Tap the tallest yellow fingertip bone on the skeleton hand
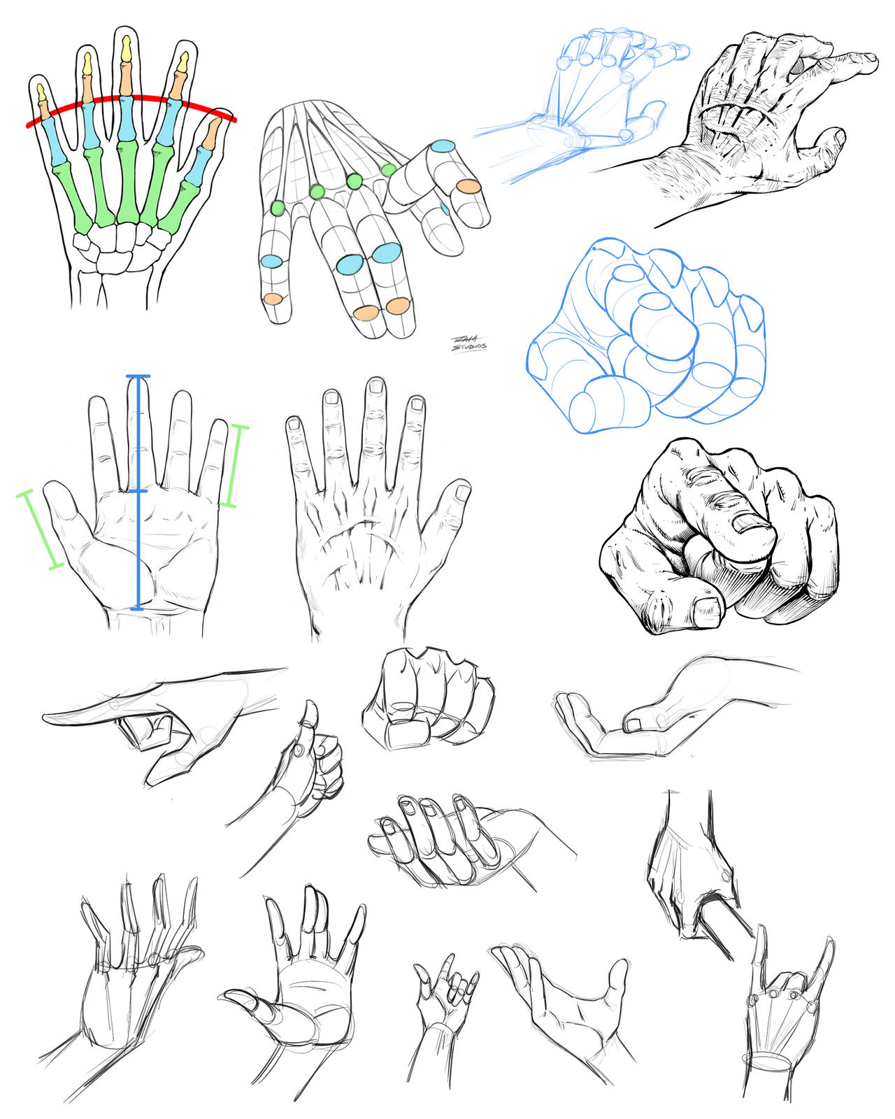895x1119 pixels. click(127, 49)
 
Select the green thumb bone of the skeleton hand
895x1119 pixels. click(180, 205)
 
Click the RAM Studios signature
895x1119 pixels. click(468, 343)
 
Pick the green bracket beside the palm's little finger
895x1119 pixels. click(233, 465)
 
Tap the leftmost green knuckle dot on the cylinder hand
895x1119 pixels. click(278, 208)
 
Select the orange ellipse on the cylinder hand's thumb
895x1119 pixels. click(468, 186)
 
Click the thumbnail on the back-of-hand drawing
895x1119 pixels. click(462, 492)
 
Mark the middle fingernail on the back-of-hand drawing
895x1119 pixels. click(376, 386)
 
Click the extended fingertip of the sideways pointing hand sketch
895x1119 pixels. click(52, 718)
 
